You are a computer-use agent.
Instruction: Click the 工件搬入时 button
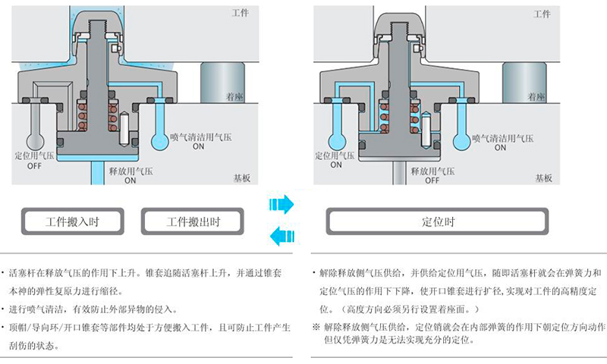[x=72, y=222]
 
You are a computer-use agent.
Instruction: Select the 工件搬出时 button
[x=193, y=222]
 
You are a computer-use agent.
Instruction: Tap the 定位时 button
[x=438, y=222]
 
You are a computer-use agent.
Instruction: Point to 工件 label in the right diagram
[x=542, y=14]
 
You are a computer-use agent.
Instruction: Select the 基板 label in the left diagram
[x=243, y=177]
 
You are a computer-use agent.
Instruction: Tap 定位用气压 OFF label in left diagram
[x=34, y=160]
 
